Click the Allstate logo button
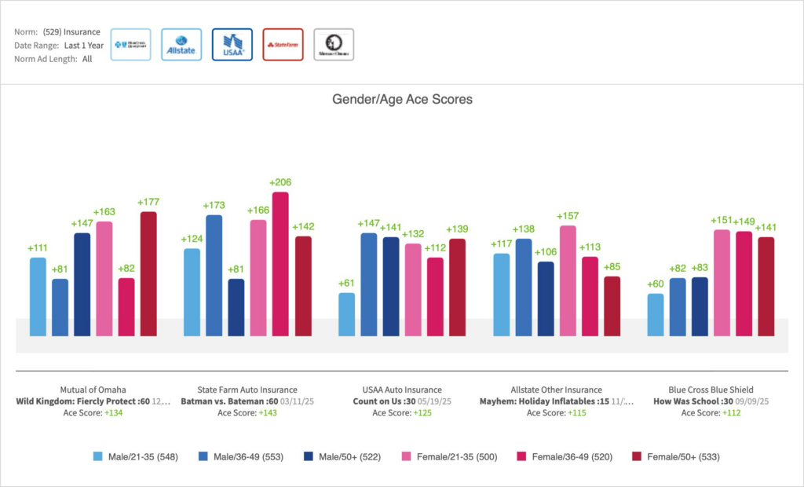pos(181,45)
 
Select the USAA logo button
pos(232,45)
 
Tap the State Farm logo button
pos(283,45)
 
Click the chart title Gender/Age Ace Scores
pos(402,100)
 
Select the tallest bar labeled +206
pos(280,264)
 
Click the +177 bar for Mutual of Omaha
pos(148,273)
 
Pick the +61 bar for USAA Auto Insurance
pos(346,314)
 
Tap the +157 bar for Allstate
pos(567,280)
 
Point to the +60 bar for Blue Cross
pos(655,315)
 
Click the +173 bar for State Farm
pos(214,275)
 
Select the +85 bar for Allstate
pos(612,306)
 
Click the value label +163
pos(104,212)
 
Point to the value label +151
pos(722,221)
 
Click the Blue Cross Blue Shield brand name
pos(711,390)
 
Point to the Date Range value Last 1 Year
pos(84,46)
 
